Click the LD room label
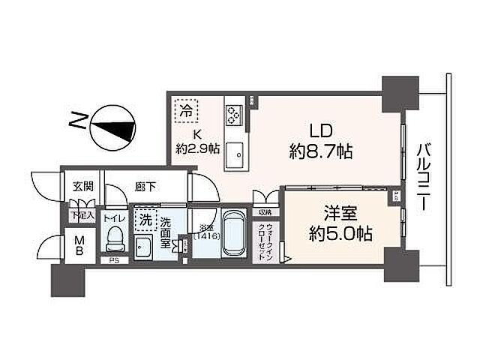point(321,128)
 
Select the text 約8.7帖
point(321,151)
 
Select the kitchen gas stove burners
point(233,114)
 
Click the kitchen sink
point(234,154)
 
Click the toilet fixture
point(115,238)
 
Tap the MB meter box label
point(77,246)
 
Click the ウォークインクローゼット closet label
point(268,240)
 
